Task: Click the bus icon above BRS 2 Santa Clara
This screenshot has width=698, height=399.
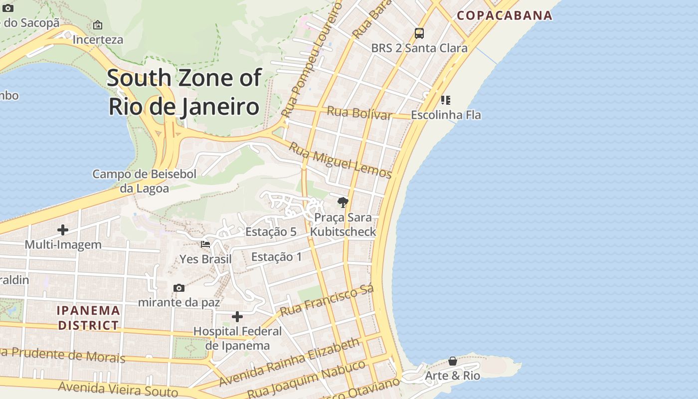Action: (x=419, y=33)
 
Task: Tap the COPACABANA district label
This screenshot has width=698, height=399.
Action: (x=505, y=15)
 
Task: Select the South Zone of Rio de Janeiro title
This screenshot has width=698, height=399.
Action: (x=184, y=92)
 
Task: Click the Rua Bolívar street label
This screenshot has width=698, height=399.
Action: (x=359, y=113)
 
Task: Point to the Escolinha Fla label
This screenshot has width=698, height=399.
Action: (x=446, y=115)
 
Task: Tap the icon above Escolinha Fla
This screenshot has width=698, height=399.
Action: (x=446, y=100)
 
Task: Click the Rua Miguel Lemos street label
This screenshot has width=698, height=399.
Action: (x=340, y=160)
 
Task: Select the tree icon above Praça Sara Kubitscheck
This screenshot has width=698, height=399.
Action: (x=343, y=202)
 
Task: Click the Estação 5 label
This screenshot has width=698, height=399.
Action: (x=271, y=231)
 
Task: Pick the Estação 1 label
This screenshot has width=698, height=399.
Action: (x=276, y=257)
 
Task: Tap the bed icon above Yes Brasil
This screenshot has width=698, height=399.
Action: (x=205, y=244)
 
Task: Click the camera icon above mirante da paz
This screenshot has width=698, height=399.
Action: (x=179, y=288)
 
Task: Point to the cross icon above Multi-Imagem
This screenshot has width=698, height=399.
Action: (x=63, y=230)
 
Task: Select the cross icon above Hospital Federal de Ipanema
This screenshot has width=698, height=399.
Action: (x=237, y=317)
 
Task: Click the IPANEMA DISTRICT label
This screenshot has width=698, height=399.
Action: (x=88, y=318)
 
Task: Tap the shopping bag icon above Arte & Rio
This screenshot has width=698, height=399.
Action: (x=453, y=361)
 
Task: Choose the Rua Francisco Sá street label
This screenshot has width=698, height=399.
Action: (x=327, y=301)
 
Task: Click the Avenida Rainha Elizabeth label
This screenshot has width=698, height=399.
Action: (x=289, y=362)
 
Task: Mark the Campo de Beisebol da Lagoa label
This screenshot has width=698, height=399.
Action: (x=144, y=181)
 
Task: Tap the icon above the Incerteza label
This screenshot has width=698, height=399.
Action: (x=98, y=24)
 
